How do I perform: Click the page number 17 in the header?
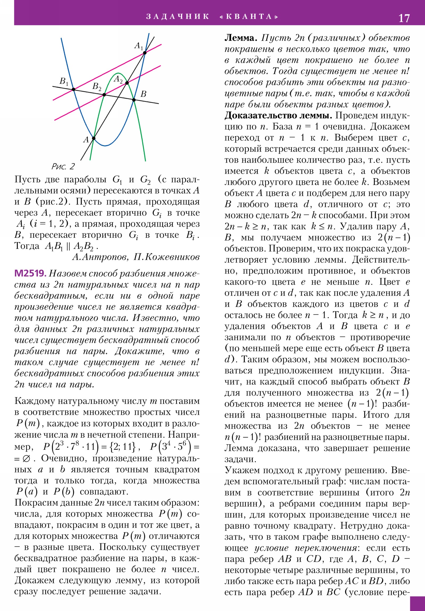pos(404,18)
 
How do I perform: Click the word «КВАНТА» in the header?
pos(249,16)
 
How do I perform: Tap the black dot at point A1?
pos(145,53)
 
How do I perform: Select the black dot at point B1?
pos(74,90)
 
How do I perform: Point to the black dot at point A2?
pos(127,83)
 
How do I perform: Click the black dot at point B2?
pos(104,95)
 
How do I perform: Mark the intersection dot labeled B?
pos(134,100)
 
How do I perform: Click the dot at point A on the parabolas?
pos(94,138)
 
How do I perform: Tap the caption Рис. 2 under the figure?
pos(63,167)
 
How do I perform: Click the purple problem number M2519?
pos(30,273)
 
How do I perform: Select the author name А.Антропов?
pos(100,257)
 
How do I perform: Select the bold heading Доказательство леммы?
pos(278,116)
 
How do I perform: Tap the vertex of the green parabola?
pos(117,73)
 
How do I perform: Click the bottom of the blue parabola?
pos(105,146)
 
